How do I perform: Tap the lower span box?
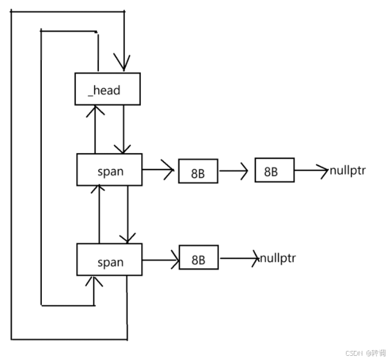109,260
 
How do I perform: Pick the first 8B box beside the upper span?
198,172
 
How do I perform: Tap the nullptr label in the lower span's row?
278,259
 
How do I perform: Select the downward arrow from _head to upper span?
123,128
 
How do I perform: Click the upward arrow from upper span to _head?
95,128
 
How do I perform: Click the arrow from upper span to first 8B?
159,171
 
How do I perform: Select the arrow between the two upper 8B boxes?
234,171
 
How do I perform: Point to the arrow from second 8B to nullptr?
311,170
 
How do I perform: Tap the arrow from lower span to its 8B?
160,260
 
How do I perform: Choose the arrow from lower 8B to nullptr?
239,259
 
